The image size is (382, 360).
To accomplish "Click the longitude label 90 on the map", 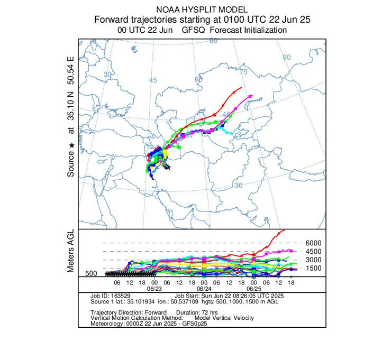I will point(287,57).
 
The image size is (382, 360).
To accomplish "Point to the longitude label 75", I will point(244,71).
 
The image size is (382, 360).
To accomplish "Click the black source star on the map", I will point(167,167).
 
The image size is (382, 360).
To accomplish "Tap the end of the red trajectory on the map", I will point(241,87).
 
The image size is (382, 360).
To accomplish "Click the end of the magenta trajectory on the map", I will point(251,96).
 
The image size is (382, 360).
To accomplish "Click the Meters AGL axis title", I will point(71,252).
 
